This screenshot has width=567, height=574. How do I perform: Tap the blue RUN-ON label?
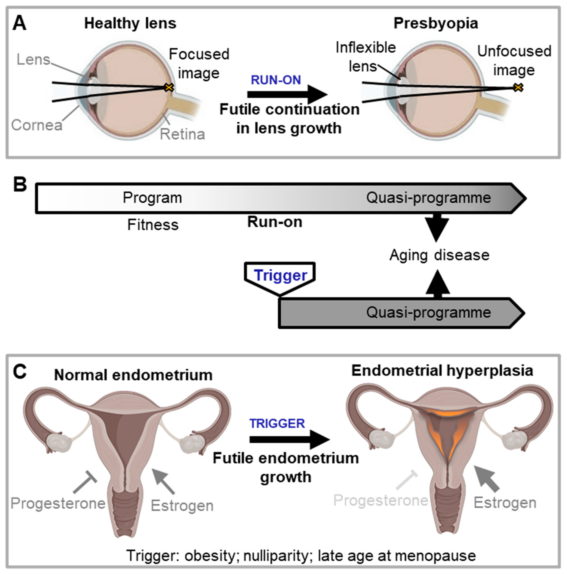pos(276,80)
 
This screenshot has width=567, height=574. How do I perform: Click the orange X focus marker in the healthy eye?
pos(169,87)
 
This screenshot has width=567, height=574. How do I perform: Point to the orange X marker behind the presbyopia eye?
pos(518,87)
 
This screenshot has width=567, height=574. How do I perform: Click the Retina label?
pos(182,134)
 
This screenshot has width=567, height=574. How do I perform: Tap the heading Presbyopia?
pos(436,23)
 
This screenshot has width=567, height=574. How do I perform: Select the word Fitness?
pos(153,225)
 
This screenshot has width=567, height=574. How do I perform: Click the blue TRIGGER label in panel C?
pos(277,424)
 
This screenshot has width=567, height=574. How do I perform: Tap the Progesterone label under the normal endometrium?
pos(58,503)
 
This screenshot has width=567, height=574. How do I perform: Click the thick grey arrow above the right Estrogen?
pos(487,479)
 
